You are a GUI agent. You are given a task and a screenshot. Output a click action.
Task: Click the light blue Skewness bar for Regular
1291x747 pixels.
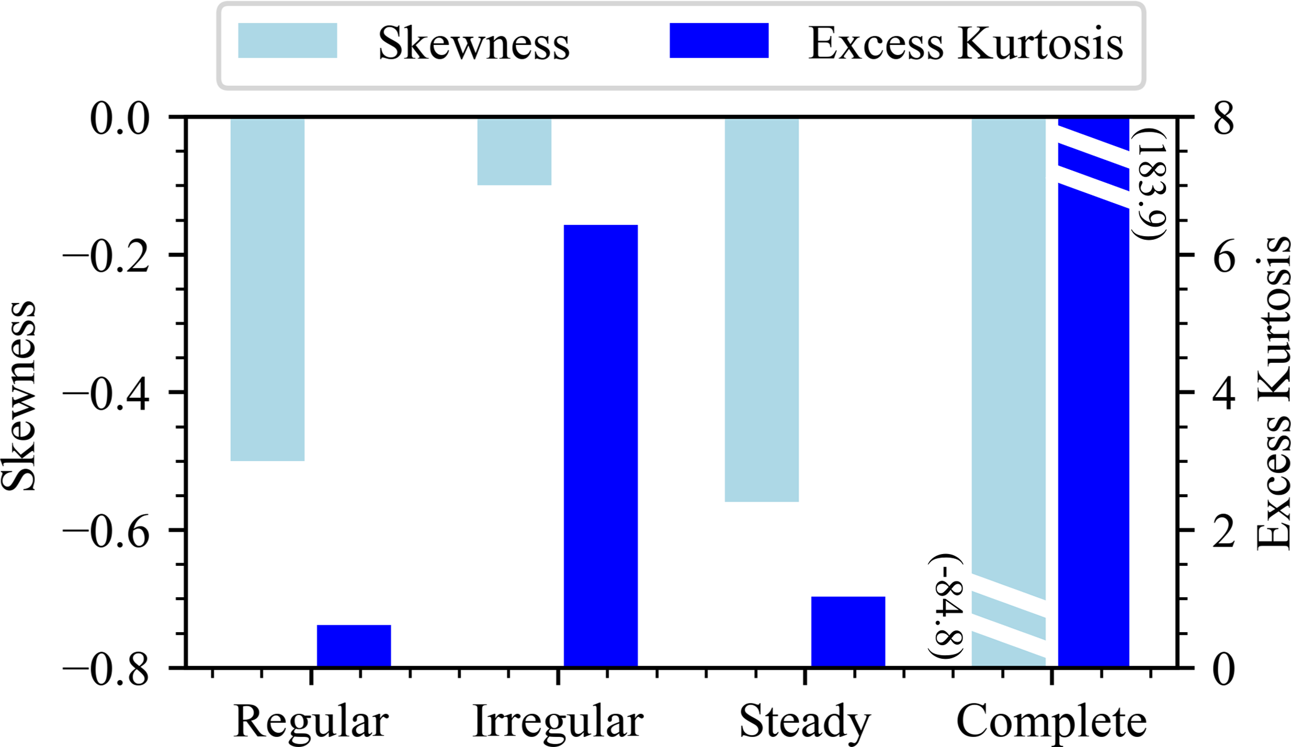tap(267, 289)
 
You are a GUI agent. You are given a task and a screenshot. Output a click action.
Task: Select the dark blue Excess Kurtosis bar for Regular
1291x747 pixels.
tap(354, 645)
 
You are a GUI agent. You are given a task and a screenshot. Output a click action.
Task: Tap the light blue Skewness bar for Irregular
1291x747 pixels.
tap(514, 151)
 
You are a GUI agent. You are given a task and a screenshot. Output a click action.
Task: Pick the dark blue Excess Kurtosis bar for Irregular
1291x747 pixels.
tap(600, 445)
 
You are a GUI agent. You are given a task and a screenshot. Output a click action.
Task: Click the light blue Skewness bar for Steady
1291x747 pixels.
tap(761, 309)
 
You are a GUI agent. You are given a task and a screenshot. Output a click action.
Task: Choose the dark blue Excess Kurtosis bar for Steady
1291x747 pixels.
tap(848, 631)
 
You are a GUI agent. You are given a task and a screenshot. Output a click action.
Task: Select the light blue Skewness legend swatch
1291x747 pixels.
tap(287, 41)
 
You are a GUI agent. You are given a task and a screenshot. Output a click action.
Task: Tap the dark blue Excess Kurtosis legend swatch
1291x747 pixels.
tap(719, 41)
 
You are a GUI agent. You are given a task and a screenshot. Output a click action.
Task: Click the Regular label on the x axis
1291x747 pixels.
tap(311, 722)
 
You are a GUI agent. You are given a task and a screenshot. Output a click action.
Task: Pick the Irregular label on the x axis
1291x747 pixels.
tap(558, 722)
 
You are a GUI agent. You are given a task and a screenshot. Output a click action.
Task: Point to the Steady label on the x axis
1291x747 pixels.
tap(804, 722)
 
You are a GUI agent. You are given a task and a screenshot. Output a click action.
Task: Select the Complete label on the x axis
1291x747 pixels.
tap(1051, 722)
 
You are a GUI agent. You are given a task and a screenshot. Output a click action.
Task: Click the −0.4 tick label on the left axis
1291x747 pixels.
tap(106, 393)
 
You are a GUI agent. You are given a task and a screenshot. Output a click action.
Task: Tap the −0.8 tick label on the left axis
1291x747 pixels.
tap(106, 669)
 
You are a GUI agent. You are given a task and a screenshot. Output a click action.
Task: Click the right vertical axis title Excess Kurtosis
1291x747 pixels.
tap(1272, 393)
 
